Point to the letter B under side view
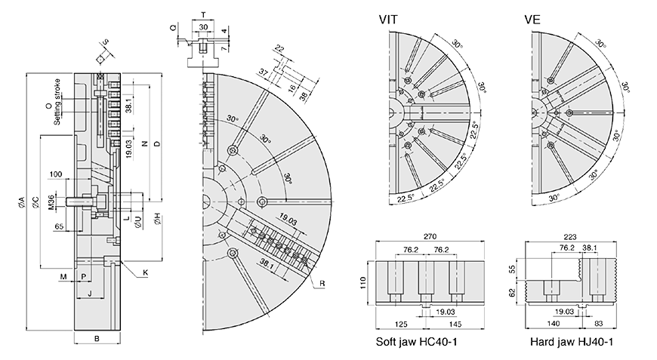point(97,339)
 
